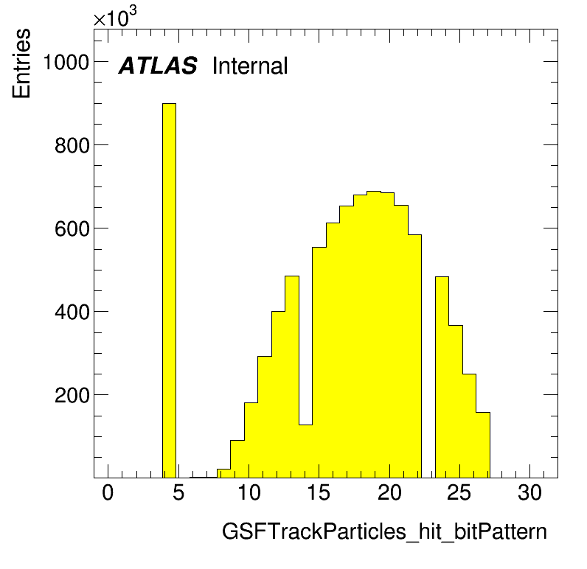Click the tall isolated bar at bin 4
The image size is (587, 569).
tap(169, 290)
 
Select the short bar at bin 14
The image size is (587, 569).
tap(305, 451)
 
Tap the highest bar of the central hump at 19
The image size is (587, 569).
tap(374, 335)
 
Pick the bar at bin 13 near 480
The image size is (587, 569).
tap(292, 377)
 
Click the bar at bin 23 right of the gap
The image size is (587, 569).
tap(442, 377)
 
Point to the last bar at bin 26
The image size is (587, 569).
tap(483, 444)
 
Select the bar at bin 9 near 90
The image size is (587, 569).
tap(237, 459)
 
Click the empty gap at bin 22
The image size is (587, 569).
tap(428, 356)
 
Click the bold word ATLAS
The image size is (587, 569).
tap(158, 66)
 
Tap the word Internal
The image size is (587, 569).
tap(250, 66)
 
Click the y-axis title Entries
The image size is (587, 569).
tap(21, 63)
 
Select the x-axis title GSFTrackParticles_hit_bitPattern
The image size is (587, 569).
tap(384, 531)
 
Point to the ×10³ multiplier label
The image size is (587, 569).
tap(115, 17)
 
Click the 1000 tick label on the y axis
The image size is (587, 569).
tap(66, 62)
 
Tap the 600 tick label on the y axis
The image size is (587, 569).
tap(72, 228)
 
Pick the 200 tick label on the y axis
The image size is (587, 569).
tap(72, 395)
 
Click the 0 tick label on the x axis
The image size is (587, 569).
tap(108, 492)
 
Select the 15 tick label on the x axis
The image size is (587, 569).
tap(319, 492)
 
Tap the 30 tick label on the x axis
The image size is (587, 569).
tap(529, 492)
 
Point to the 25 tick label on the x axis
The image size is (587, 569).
tap(459, 492)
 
